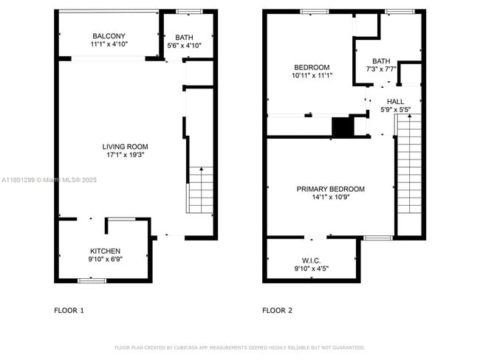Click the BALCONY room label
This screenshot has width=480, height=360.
coord(109,36)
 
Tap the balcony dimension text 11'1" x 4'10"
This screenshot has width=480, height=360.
coord(109,44)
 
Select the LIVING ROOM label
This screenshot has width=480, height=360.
coord(126,147)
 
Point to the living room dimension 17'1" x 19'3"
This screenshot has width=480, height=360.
coord(126,155)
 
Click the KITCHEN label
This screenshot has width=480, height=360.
coord(106,251)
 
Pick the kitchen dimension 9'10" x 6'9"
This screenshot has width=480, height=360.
coord(106,260)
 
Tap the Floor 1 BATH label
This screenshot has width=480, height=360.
coord(185,38)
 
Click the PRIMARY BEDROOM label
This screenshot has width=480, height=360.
coord(331,189)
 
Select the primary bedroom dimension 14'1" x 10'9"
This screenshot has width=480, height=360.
coord(331,197)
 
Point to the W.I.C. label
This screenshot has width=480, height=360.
coord(312,261)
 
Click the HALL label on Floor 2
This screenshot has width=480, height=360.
coord(396,102)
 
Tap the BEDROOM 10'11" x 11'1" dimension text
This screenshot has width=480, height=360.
coord(312,75)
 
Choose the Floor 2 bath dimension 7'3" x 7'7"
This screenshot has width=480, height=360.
coord(382,69)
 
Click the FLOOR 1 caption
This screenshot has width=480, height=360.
coord(69,311)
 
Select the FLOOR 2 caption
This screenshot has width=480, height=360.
coord(278,311)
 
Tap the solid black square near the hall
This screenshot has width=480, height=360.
coord(343,127)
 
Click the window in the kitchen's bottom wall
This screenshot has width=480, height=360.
coord(92,281)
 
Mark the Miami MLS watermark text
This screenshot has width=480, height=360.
coord(49,180)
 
